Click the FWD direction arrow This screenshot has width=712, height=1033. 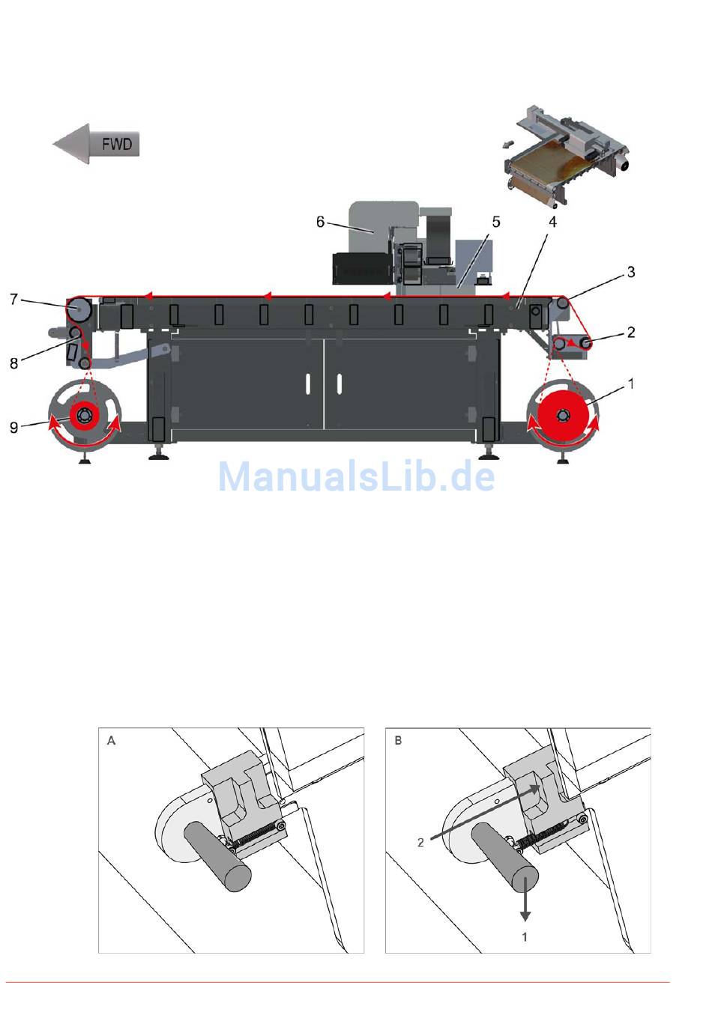point(95,144)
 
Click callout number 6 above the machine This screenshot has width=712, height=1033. point(320,222)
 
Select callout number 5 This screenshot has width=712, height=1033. point(496,222)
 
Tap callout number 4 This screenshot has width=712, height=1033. point(552,222)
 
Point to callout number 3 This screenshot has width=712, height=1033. point(631,272)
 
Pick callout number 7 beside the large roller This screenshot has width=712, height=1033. point(13,300)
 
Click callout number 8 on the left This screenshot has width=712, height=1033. point(13,363)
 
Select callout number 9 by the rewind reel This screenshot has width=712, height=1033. point(13,428)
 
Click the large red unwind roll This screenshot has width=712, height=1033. point(562,415)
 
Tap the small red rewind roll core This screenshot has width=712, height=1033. point(84,415)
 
